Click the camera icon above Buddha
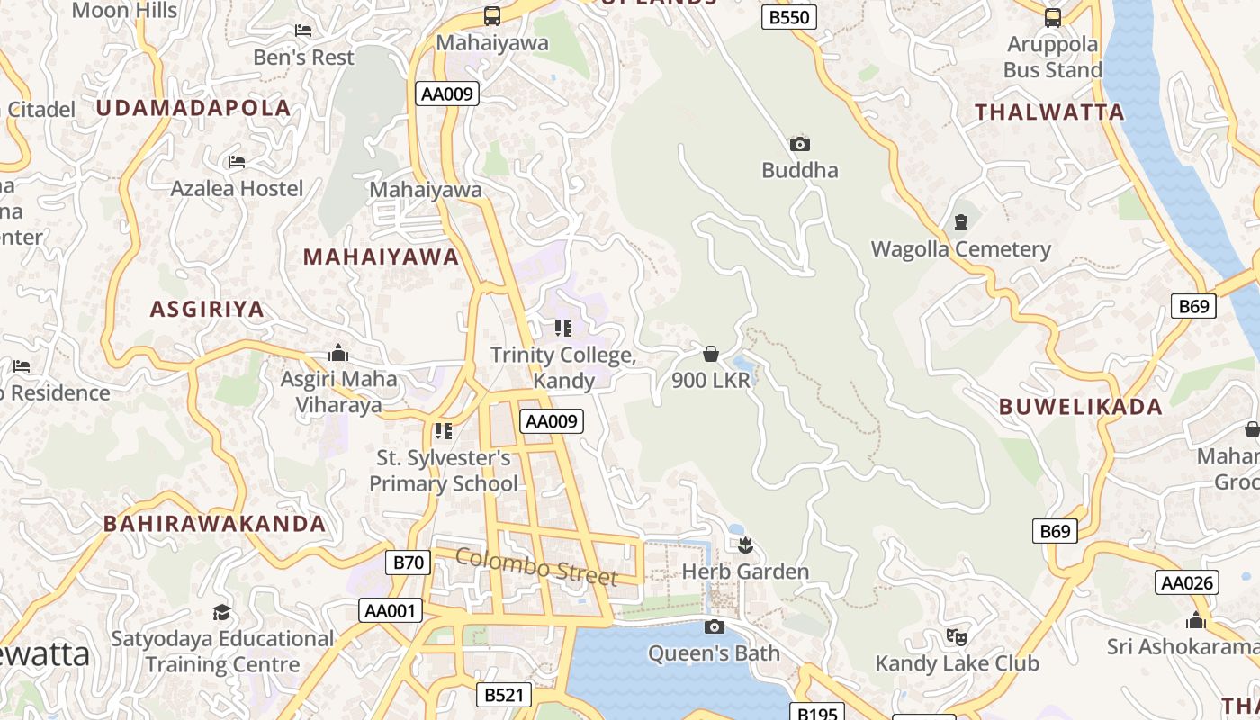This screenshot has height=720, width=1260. coord(799,144)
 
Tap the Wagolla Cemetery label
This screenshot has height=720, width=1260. coord(960,249)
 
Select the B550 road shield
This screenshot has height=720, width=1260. coord(789,17)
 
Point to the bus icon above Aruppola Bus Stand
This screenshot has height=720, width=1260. coord(1052,17)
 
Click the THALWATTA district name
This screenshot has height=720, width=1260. coord(1050,112)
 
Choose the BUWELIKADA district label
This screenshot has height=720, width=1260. coord(1081,407)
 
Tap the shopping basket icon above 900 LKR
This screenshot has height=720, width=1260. coord(711,353)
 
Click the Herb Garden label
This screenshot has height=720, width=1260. coord(745,571)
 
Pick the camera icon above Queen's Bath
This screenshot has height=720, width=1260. coord(715,626)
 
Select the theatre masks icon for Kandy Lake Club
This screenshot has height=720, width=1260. coord(957,636)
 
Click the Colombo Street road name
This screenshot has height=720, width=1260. coord(536,566)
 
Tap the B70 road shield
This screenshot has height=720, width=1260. coord(409,563)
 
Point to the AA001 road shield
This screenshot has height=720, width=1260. coord(390,611)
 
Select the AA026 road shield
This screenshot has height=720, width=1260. coord(1187,583)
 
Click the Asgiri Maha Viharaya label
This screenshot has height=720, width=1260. coord(338,391)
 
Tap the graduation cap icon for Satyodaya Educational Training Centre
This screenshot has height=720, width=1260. coord(221,613)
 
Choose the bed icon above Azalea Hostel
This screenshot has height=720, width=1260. coord(237,162)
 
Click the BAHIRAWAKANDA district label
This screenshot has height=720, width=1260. coord(214,524)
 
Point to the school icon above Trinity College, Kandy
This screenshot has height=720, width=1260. coord(563,328)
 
